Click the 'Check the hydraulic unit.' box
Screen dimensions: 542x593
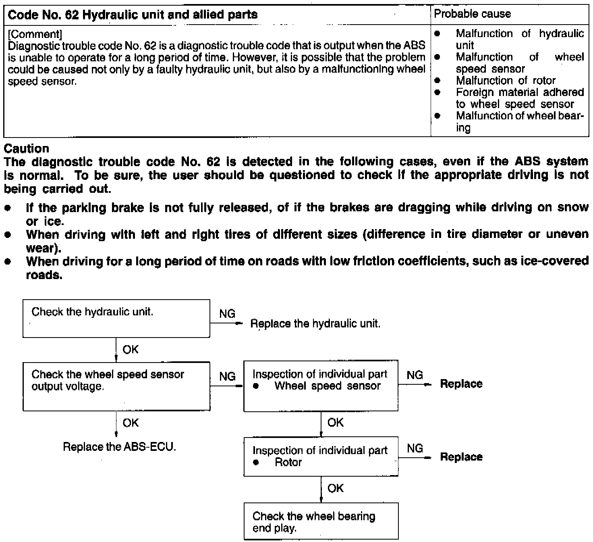(x=116, y=318)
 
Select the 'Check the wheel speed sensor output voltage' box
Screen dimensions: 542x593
(x=116, y=386)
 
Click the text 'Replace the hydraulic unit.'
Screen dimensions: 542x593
(x=315, y=324)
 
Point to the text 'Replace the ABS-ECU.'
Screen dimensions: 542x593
(x=120, y=447)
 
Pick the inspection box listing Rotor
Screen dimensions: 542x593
(x=321, y=456)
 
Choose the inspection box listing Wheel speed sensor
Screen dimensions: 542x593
(x=321, y=386)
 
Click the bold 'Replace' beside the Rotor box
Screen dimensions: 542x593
(x=461, y=457)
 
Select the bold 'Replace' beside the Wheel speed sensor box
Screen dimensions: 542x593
(x=461, y=384)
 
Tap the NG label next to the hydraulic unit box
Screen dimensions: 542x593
(x=228, y=314)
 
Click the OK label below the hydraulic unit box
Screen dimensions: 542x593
(x=131, y=349)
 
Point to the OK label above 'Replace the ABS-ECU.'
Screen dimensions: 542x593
(x=131, y=423)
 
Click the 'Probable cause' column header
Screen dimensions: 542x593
(x=473, y=14)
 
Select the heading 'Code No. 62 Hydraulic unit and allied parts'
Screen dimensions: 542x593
(x=133, y=15)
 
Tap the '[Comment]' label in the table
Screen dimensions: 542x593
(x=35, y=34)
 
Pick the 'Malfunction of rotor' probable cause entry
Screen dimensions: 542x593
(x=506, y=81)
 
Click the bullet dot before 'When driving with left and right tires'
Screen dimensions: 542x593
(x=7, y=235)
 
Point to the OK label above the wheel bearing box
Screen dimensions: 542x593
(x=336, y=488)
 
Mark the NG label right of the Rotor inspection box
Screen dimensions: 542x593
(x=415, y=448)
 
